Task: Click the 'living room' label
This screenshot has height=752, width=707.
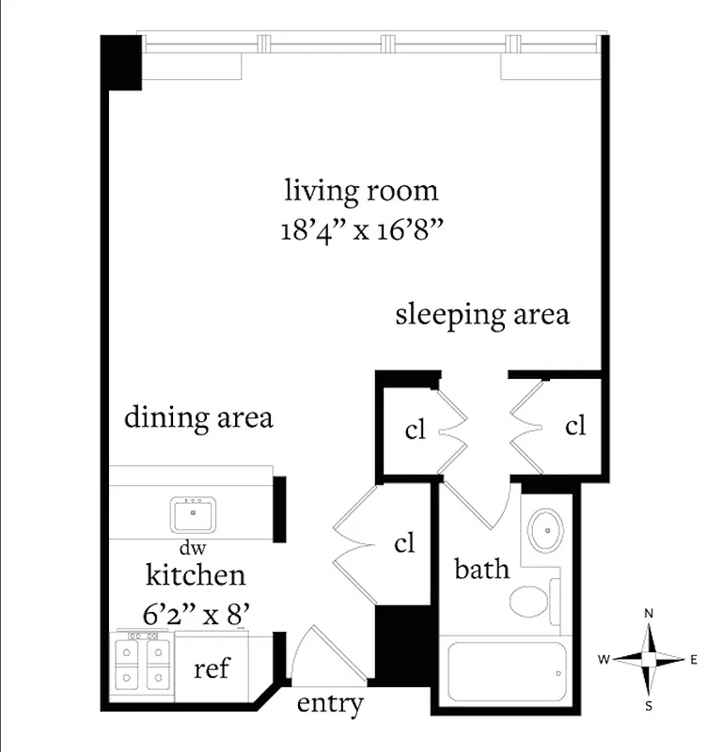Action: pos(361,191)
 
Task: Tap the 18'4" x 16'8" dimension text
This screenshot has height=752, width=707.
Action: pos(361,230)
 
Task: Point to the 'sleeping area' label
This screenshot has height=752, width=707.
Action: pos(481,314)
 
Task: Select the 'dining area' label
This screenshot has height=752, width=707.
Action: pos(198,416)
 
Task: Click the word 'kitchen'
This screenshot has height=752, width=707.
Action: pos(196,574)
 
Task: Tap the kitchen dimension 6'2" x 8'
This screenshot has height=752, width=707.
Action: pos(196,616)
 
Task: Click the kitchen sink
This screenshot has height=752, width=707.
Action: pos(194,514)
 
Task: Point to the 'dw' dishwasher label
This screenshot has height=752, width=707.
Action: pos(192,547)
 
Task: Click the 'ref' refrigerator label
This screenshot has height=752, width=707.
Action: pos(212,669)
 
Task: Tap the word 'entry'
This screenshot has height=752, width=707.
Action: pos(329,703)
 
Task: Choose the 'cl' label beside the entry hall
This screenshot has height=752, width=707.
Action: pos(404,543)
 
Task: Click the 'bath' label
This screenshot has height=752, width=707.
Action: pos(482,569)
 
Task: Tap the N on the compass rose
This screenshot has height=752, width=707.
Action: pos(648,613)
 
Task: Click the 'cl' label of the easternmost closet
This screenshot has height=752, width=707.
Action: pos(575,426)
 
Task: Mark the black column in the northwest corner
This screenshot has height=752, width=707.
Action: pos(120,62)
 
